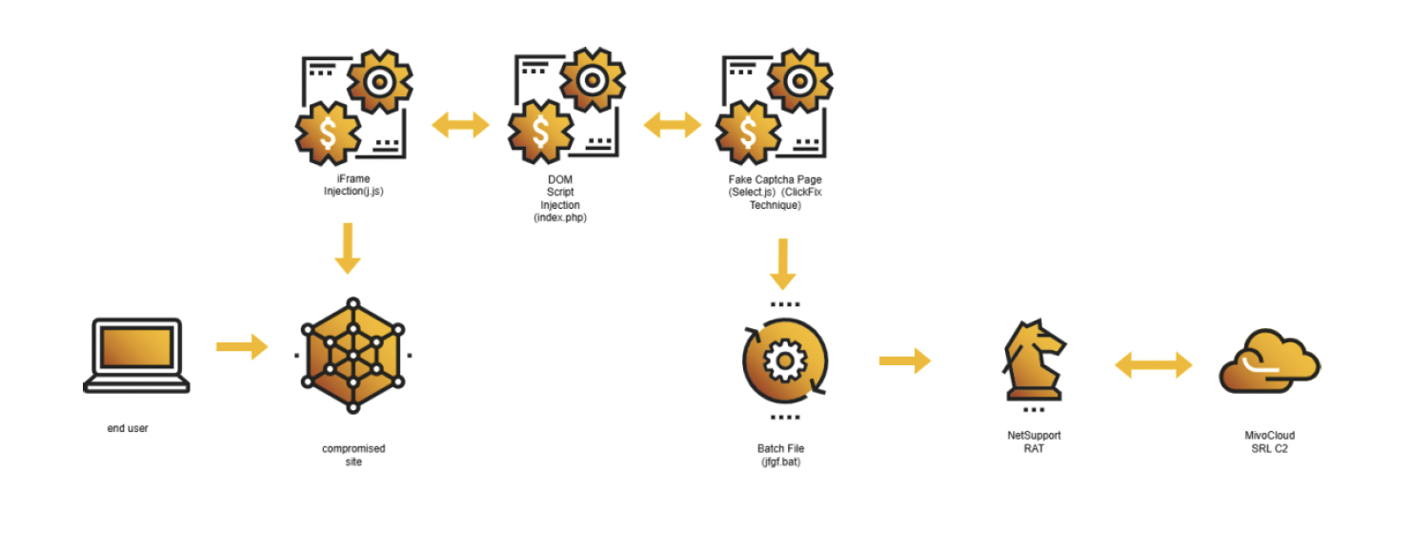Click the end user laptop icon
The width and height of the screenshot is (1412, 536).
coord(135,355)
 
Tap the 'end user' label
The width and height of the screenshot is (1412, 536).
coord(128,429)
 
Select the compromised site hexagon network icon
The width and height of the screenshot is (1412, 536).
coord(353,355)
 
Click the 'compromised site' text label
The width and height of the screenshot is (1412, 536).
coord(353,455)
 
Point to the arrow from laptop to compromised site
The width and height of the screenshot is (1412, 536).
coord(241,347)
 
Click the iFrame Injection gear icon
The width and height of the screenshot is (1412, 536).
coord(353,109)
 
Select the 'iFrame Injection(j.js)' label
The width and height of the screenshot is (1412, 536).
coord(353,184)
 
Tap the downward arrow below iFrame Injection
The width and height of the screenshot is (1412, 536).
coord(348,248)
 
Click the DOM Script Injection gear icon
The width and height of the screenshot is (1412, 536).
coord(566,109)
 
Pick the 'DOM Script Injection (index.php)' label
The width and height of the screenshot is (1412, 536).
coord(560,198)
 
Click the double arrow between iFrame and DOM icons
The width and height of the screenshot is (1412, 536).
coord(460,125)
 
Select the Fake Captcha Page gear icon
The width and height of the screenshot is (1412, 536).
coord(775,109)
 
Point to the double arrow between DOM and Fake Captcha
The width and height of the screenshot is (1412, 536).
coord(672,125)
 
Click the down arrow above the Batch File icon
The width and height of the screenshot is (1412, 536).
coord(783,264)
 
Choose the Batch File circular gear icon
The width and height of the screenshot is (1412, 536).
coord(784,361)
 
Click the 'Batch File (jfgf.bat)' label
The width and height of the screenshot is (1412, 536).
coord(781,455)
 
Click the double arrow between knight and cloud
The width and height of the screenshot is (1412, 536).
coord(1154,364)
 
